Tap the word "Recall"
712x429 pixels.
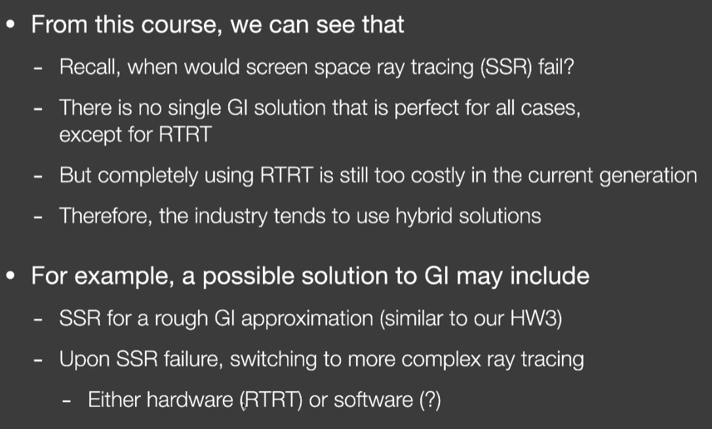[90, 67]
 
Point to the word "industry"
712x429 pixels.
[231, 216]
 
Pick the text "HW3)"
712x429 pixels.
[536, 318]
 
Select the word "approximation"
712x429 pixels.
[307, 319]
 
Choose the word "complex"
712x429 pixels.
[441, 360]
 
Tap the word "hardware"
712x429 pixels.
[190, 400]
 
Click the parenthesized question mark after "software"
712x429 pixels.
[430, 400]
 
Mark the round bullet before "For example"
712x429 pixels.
[11, 276]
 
